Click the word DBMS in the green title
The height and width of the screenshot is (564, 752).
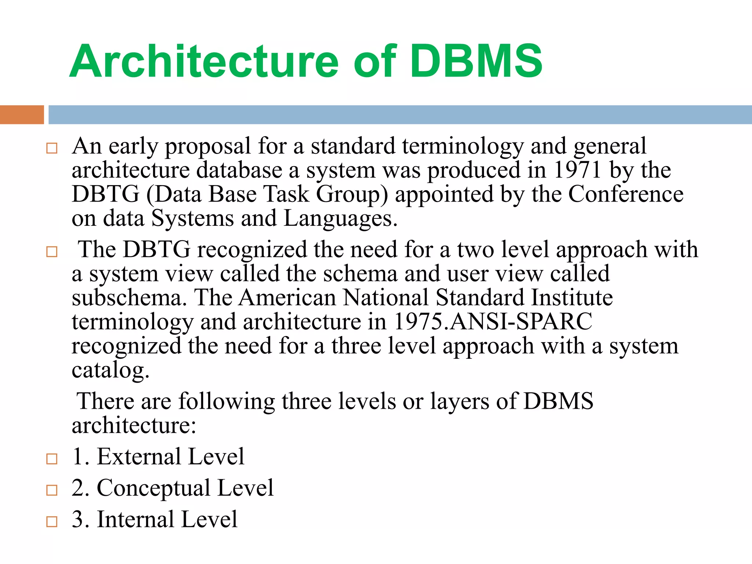click(476, 61)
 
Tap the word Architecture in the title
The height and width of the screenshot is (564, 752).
click(204, 61)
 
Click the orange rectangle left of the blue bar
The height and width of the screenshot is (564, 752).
click(22, 115)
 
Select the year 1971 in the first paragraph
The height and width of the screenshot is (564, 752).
click(577, 170)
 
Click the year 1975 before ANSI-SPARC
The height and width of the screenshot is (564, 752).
click(418, 322)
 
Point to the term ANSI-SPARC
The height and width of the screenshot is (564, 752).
click(521, 322)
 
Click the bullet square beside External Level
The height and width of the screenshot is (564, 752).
click(52, 459)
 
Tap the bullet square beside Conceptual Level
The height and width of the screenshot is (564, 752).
click(52, 490)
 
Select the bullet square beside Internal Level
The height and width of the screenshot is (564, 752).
click(52, 522)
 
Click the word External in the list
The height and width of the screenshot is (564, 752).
click(139, 457)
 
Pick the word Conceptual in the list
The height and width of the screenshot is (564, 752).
click(153, 488)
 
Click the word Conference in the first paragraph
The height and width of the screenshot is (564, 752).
click(626, 194)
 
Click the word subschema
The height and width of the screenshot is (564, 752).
click(127, 298)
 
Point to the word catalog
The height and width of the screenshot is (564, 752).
click(110, 370)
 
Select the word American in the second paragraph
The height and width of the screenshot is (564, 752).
click(287, 298)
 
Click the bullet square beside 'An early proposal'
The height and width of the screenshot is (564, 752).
click(52, 148)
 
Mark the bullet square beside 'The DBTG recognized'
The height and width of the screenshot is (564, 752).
click(52, 252)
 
